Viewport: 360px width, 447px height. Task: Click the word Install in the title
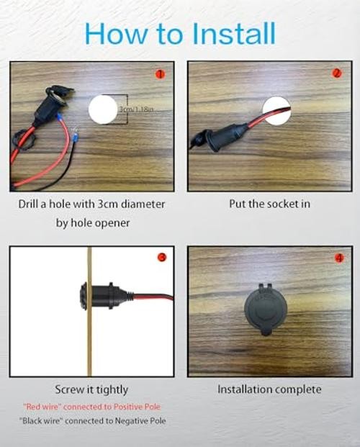click(234, 33)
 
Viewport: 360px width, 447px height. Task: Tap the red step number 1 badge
click(160, 74)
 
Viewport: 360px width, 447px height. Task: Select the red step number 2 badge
click(337, 73)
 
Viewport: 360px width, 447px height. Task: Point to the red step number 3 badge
click(162, 257)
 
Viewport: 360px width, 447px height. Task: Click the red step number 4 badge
click(339, 258)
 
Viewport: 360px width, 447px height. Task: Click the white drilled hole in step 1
click(103, 109)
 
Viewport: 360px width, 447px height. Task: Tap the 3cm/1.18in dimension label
click(136, 109)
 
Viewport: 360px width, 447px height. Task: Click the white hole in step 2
click(276, 111)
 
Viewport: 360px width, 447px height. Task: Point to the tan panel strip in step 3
click(89, 311)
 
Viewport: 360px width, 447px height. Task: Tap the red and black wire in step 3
click(153, 297)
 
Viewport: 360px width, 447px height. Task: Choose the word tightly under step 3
click(112, 389)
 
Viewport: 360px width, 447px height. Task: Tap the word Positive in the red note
click(127, 407)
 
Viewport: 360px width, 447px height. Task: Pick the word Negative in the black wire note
click(129, 421)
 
